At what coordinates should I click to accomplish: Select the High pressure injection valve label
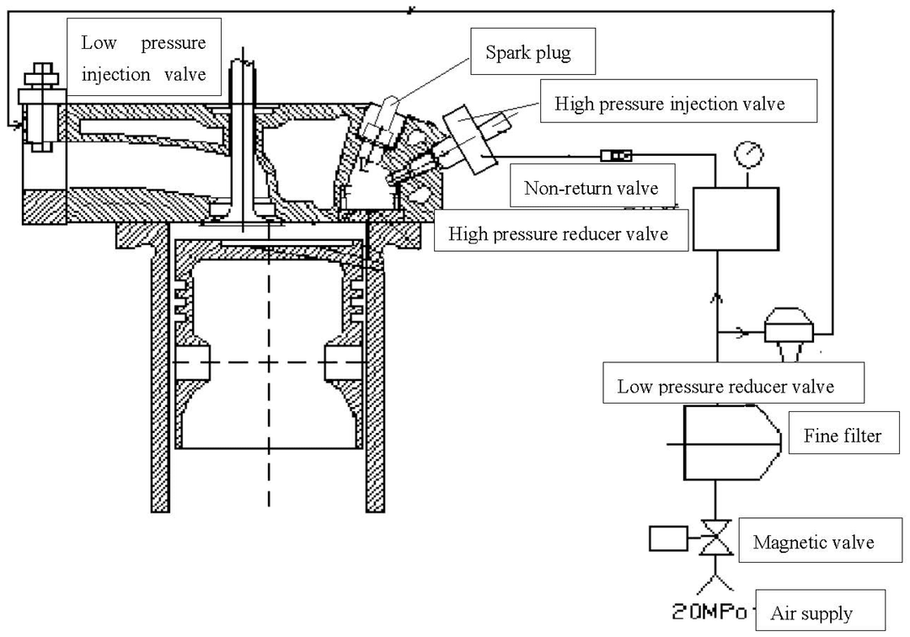[x=678, y=101]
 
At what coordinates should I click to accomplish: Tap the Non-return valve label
[x=592, y=185]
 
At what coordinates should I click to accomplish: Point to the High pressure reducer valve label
[x=561, y=230]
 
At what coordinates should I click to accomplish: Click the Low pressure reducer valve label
[x=734, y=383]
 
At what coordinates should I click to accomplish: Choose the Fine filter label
[x=843, y=433]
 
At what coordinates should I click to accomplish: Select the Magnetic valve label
[x=820, y=541]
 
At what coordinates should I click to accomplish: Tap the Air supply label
[x=821, y=610]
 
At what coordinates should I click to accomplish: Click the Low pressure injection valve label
[x=144, y=56]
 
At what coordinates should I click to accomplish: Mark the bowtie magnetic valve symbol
[x=716, y=538]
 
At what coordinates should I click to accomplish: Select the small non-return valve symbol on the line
[x=616, y=156]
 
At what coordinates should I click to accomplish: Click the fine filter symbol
[x=732, y=442]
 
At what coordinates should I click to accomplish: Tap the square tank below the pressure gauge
[x=736, y=219]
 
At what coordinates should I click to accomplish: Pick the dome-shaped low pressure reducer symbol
[x=789, y=333]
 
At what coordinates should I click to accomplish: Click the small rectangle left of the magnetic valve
[x=668, y=538]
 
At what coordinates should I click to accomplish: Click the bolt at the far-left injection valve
[x=40, y=107]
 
